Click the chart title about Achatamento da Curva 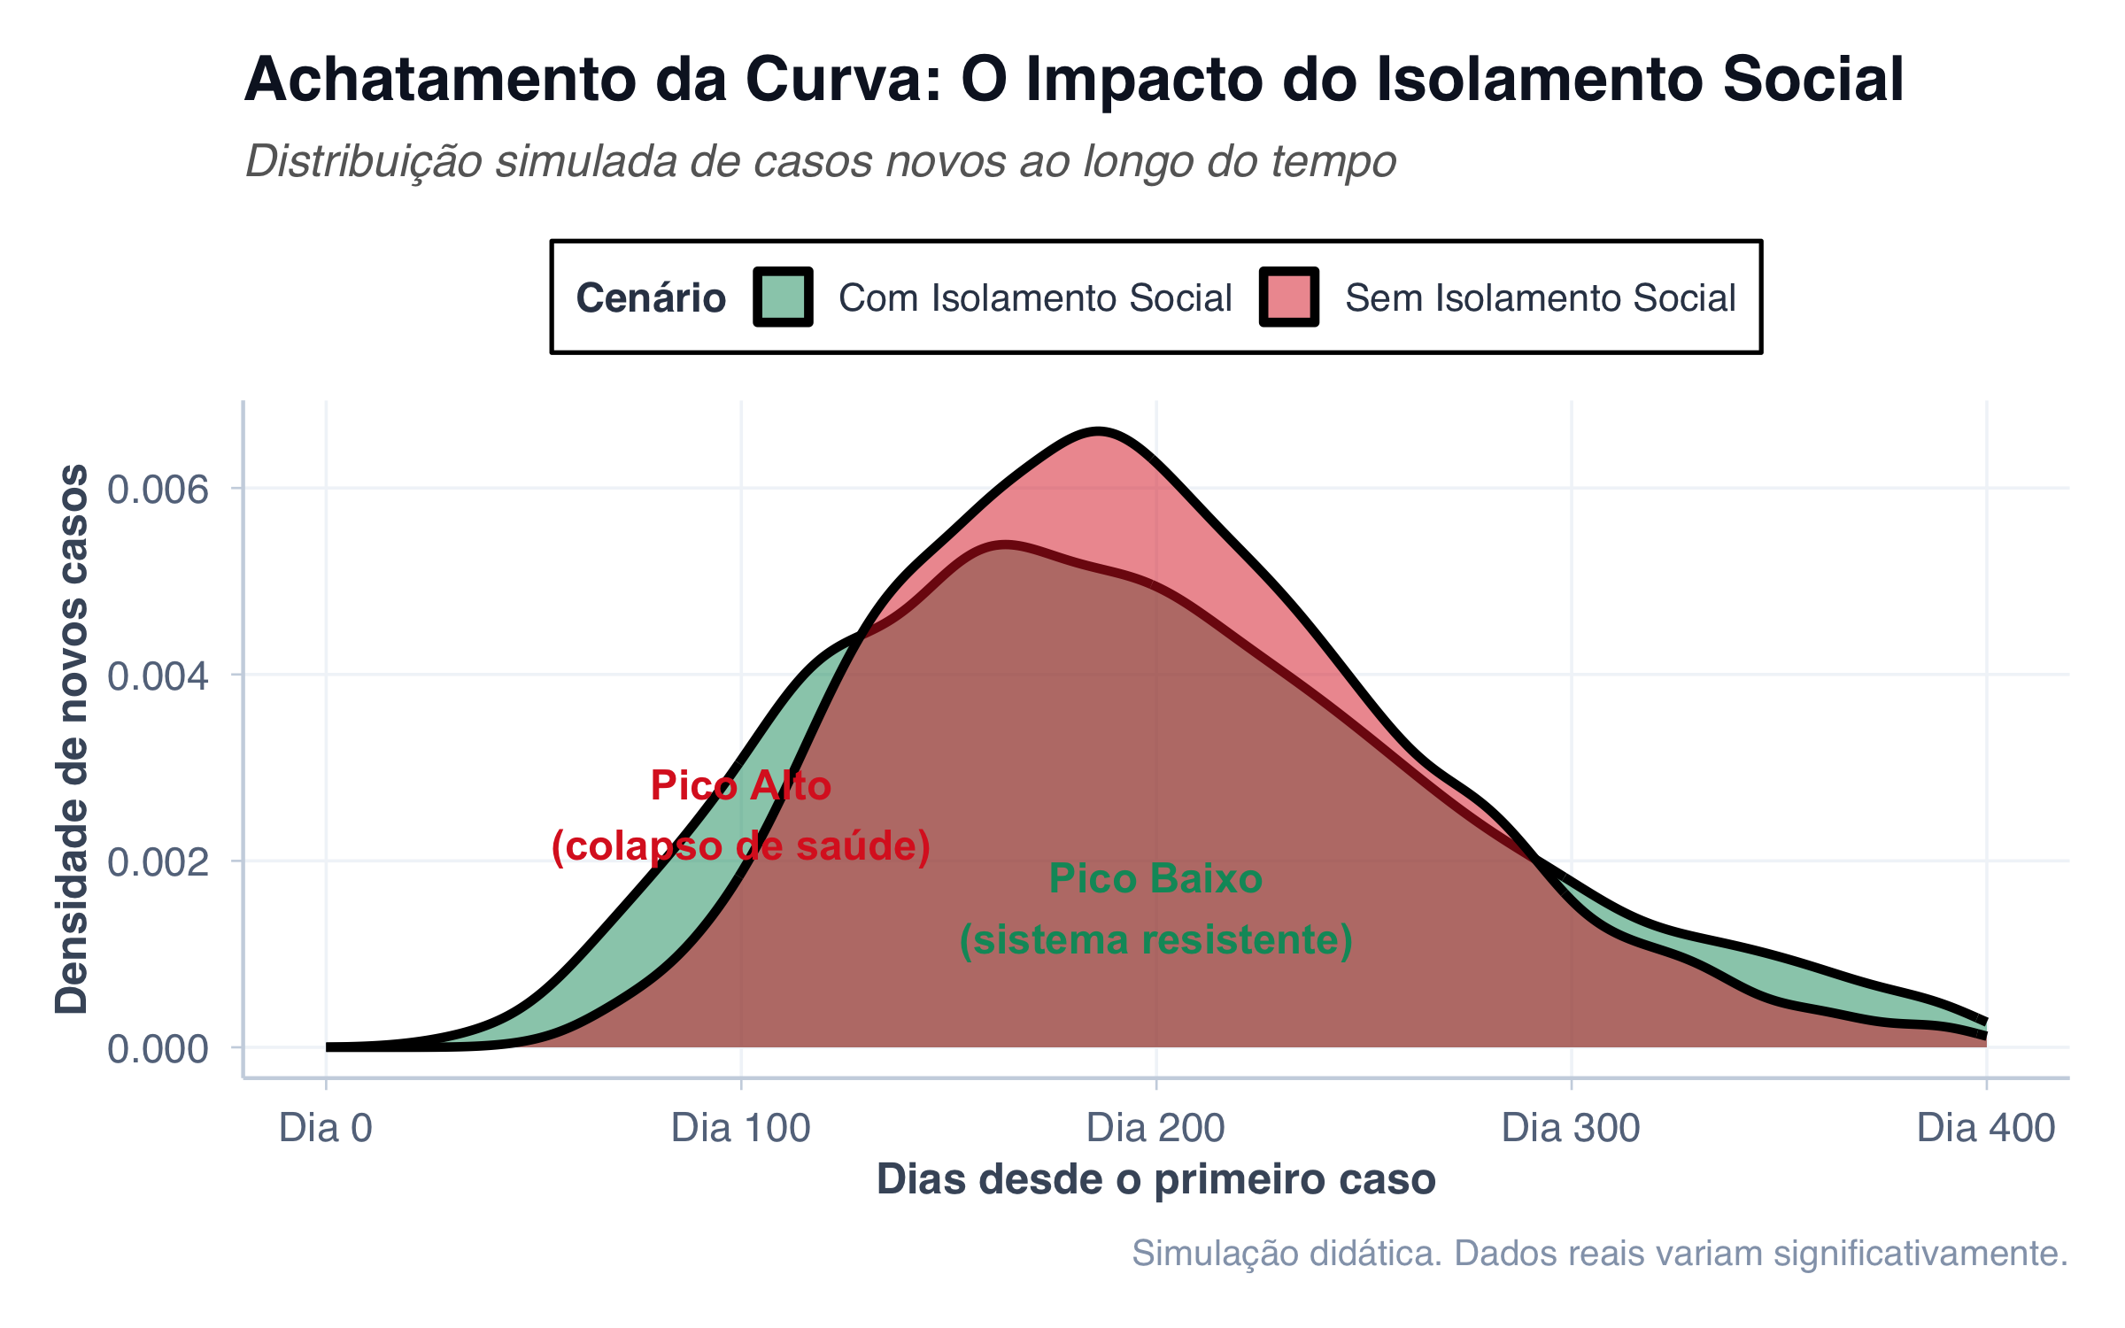coord(1073,80)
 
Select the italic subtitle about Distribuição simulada coord(820,161)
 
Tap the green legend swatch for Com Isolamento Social coord(783,297)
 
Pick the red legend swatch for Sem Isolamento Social coord(1288,297)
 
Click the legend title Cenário coord(651,298)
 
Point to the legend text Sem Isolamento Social coord(1540,298)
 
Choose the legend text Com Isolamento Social coord(1034,298)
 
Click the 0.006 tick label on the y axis coord(158,489)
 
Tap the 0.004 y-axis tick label coord(158,676)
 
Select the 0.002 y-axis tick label coord(158,861)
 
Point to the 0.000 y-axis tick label coord(158,1049)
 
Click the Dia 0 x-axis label coord(326,1128)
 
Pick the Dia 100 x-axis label coord(741,1128)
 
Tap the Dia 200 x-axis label coord(1155,1128)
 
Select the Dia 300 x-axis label coord(1571,1128)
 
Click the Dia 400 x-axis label coord(1985,1128)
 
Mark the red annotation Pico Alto coord(741,786)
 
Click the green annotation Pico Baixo coord(1155,879)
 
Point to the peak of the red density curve coord(1098,432)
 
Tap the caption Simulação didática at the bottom coord(1599,1253)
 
